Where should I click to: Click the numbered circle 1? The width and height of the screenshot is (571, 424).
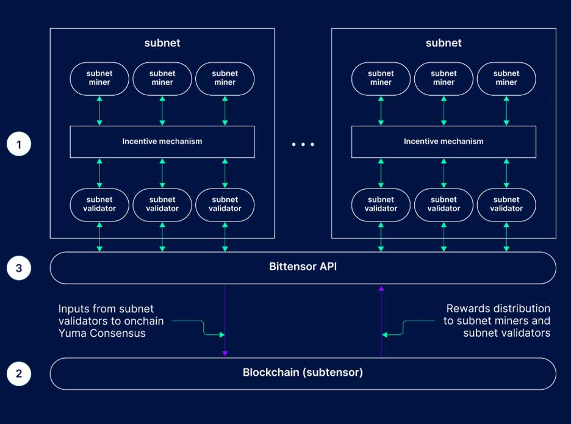(19, 145)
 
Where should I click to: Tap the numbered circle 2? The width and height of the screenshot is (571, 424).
(19, 373)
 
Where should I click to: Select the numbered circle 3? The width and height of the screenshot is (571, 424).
(19, 267)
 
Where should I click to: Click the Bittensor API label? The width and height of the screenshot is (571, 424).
(303, 267)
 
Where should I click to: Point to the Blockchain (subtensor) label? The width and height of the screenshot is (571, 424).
(303, 372)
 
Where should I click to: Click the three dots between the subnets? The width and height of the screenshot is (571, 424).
(303, 145)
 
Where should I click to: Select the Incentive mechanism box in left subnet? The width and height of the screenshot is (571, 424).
(162, 142)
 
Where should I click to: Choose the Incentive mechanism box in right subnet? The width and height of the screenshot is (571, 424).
(444, 142)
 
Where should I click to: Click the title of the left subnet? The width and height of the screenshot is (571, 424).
(162, 43)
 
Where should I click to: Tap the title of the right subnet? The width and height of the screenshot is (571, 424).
(444, 43)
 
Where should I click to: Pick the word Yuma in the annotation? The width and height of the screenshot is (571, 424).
(71, 333)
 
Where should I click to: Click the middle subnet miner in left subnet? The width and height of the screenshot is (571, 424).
(162, 78)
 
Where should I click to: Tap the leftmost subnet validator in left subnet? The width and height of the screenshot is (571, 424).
(99, 204)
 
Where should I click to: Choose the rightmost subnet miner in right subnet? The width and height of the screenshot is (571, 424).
(506, 78)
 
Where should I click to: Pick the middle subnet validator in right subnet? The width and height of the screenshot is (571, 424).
(444, 204)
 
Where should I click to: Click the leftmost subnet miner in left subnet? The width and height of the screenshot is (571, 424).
(99, 78)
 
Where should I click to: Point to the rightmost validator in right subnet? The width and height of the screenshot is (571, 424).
(506, 204)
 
